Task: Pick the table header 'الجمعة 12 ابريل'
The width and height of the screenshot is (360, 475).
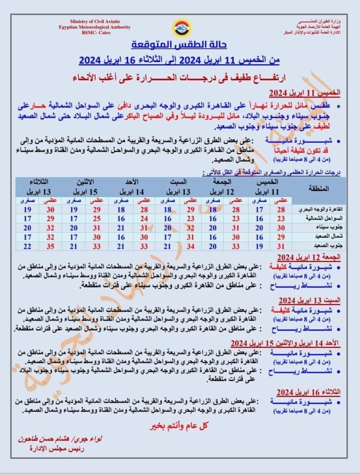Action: click(227, 186)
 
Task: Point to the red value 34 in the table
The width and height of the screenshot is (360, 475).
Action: click(189, 246)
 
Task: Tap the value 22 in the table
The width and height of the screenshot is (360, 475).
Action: click(27, 246)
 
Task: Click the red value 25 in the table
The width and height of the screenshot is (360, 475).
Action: click(96, 218)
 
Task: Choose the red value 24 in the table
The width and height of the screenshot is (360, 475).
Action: click(143, 218)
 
